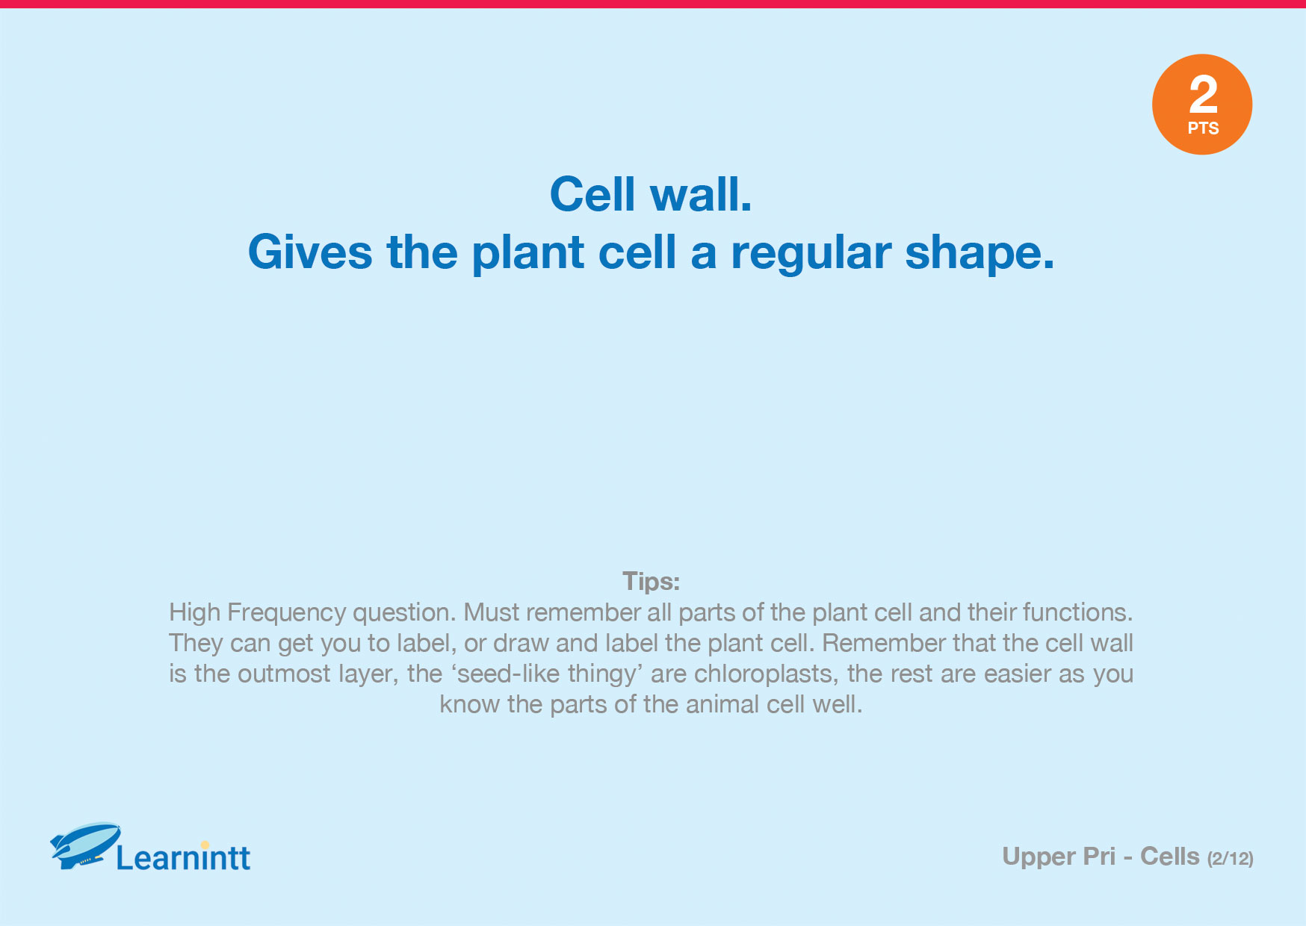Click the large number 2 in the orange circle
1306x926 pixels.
(x=1203, y=94)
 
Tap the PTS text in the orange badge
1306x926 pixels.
(x=1203, y=128)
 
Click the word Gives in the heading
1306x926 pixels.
(x=310, y=252)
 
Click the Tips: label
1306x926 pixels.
(x=652, y=581)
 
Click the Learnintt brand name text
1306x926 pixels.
(x=184, y=857)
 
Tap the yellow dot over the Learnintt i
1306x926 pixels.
(x=205, y=845)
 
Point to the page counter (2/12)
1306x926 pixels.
(x=1230, y=859)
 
